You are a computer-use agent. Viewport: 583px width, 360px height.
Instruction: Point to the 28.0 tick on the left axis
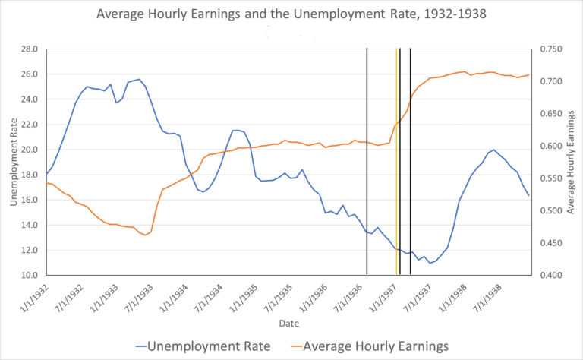point(28,49)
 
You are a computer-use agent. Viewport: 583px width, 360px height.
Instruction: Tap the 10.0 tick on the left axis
point(28,275)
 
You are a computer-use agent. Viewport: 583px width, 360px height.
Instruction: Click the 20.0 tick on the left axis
point(28,150)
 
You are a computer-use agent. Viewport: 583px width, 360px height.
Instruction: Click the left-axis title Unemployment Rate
point(14,162)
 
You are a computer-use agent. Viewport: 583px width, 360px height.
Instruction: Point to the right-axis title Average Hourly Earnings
point(572,162)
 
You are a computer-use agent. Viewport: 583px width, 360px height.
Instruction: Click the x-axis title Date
point(288,324)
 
